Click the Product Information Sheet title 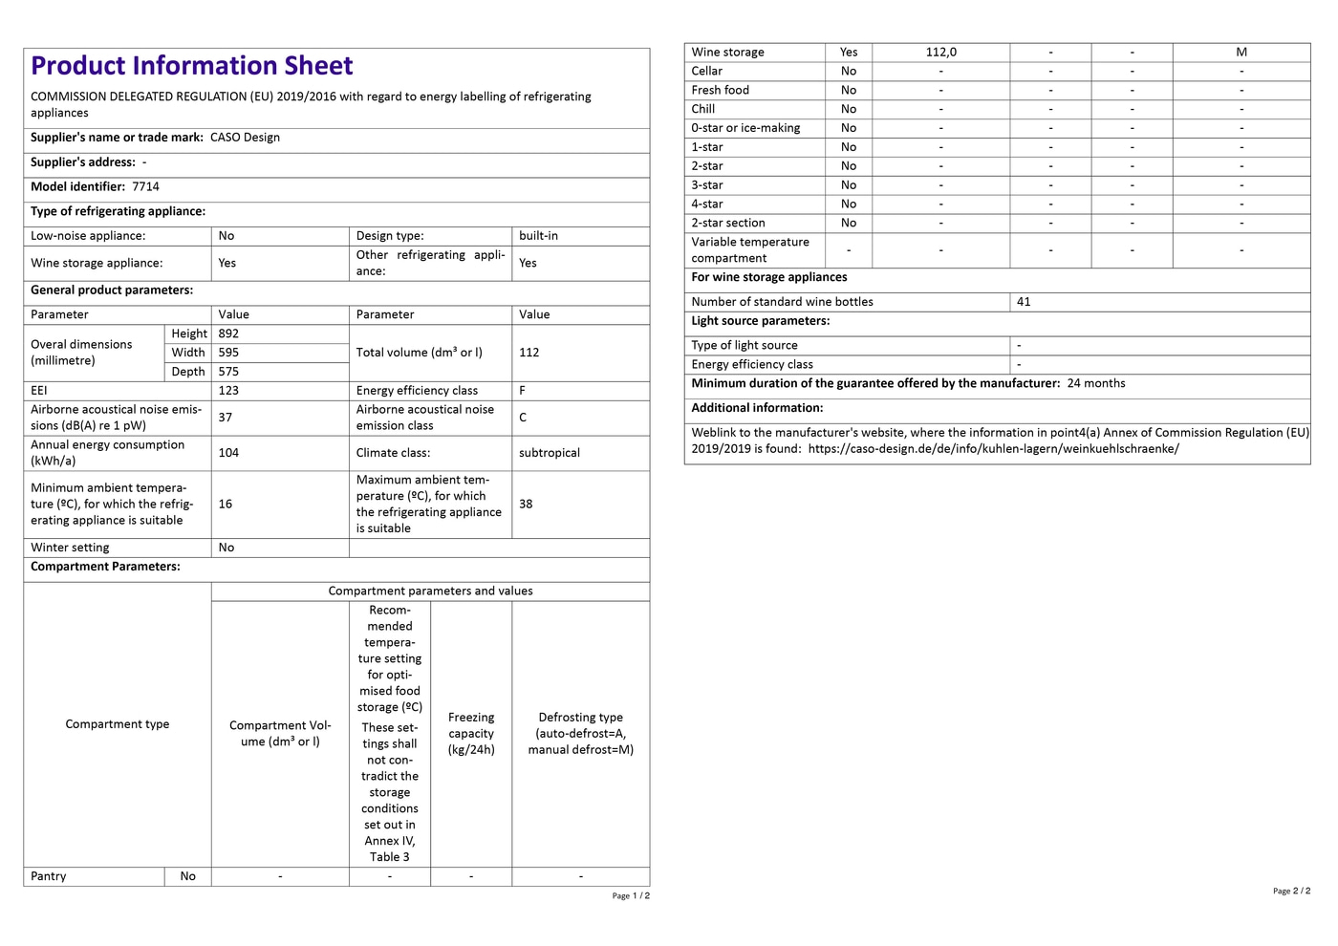tap(191, 66)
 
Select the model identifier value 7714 tap(145, 187)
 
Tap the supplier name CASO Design tap(245, 138)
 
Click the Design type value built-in tap(538, 236)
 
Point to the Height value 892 tap(228, 333)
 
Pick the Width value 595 tap(228, 353)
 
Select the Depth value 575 tap(228, 372)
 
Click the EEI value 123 tap(228, 391)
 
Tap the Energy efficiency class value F tap(523, 391)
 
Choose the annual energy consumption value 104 tap(228, 453)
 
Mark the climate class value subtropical tap(550, 453)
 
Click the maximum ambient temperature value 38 tap(526, 504)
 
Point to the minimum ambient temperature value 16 tap(226, 504)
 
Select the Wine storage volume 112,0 tap(940, 53)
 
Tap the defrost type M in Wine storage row tap(1241, 53)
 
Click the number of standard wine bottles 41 tap(1024, 302)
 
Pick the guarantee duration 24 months tap(1096, 383)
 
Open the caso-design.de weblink tap(993, 449)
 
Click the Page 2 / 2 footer tap(1291, 891)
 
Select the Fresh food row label tap(721, 90)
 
